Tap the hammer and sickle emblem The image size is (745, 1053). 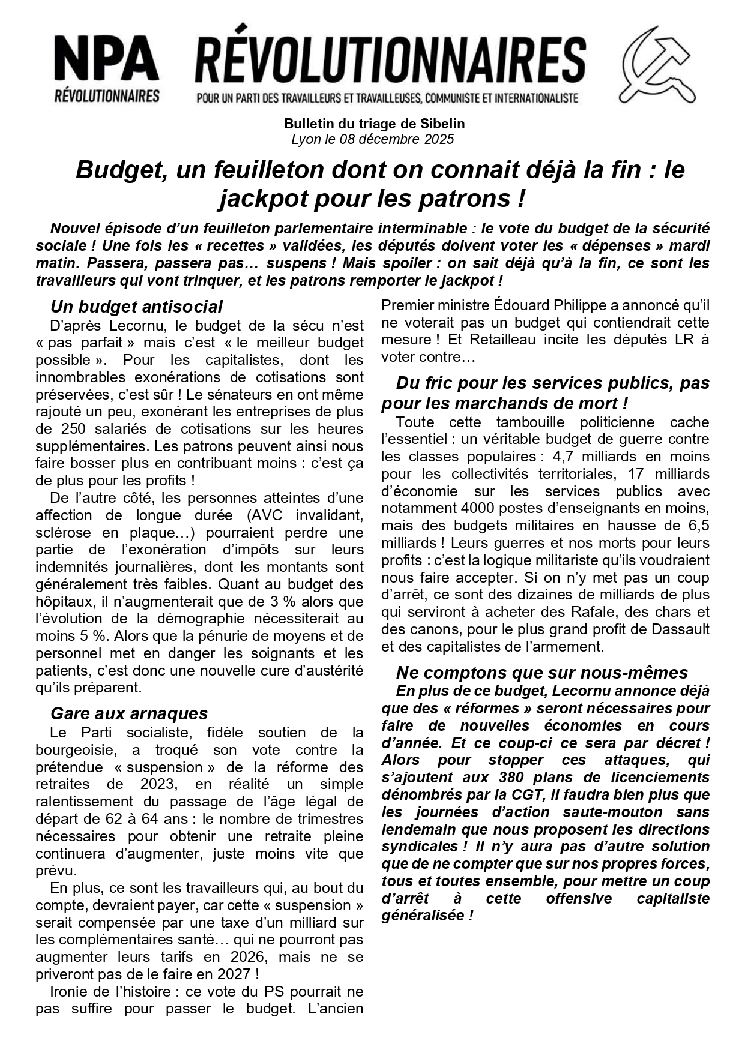(x=657, y=64)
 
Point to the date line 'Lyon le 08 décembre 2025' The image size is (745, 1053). (x=372, y=140)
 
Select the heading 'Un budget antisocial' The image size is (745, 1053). (x=136, y=307)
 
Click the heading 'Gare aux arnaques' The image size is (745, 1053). (x=129, y=713)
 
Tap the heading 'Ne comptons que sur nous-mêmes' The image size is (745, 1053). (x=541, y=673)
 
